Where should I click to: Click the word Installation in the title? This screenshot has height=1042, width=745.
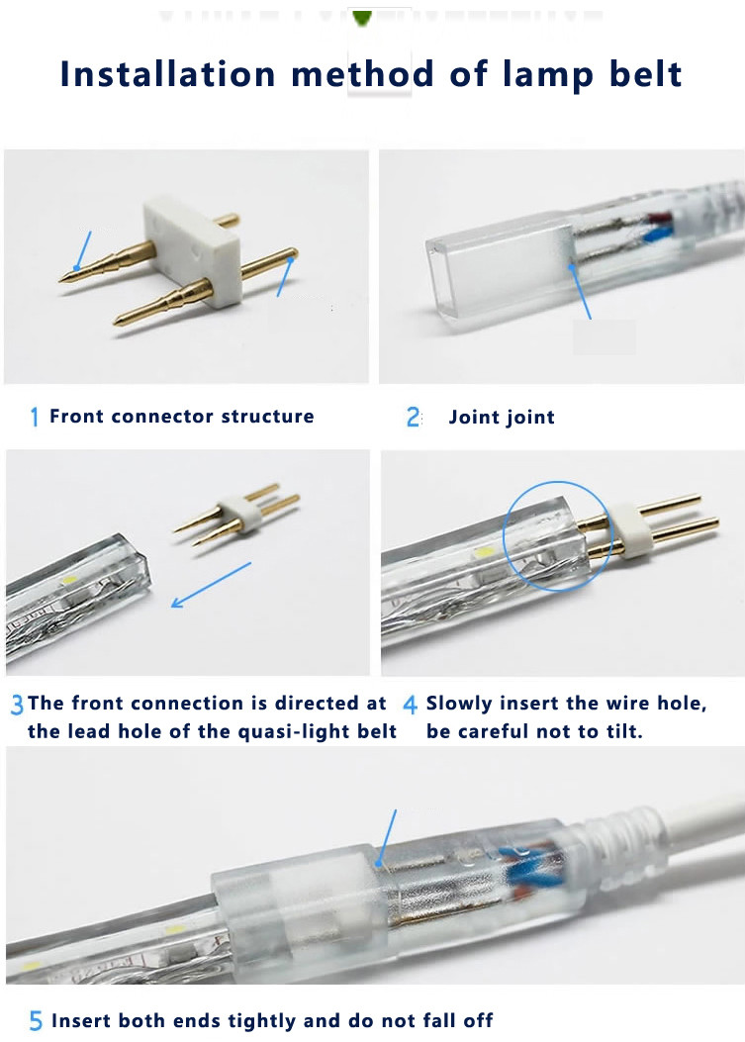coord(167,74)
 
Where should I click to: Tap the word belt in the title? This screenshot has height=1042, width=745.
coord(645,74)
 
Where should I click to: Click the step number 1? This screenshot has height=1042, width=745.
coord(35,417)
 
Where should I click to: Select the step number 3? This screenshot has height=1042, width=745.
coord(17,705)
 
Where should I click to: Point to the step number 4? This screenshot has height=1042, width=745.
coord(411,705)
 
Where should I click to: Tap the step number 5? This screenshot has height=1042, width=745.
coord(36,1021)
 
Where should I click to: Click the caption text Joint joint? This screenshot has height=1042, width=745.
coord(502,418)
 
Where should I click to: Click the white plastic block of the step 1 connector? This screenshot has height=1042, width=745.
coord(191,253)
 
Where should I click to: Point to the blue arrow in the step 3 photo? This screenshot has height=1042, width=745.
coord(211,585)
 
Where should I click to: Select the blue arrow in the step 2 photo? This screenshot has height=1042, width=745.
coord(579,290)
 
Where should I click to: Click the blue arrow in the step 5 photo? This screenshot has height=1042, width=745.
coord(386,839)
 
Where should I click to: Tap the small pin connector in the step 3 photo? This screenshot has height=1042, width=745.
coord(236,515)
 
